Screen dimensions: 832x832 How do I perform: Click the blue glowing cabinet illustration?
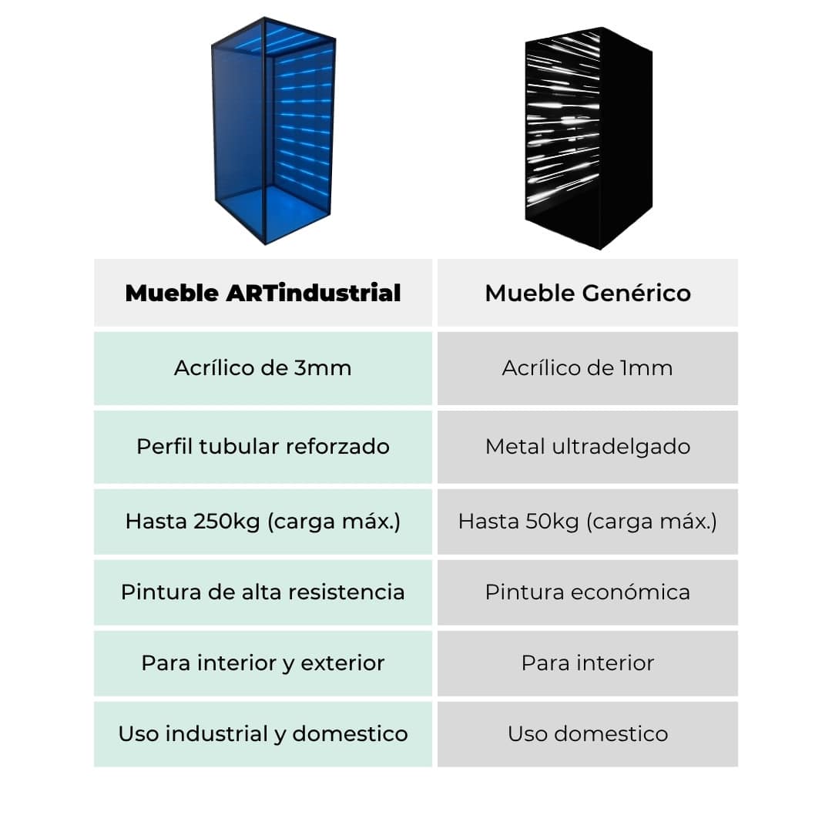[x=273, y=130]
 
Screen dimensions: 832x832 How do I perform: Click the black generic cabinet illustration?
[x=589, y=138]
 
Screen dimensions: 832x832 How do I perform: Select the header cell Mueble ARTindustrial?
[x=263, y=293]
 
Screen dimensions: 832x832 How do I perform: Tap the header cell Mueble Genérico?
[x=588, y=293]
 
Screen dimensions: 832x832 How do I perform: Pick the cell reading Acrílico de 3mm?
[x=263, y=368]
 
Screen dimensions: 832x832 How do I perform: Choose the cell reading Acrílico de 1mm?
[x=588, y=368]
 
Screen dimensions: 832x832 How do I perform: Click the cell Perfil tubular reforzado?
[x=263, y=447]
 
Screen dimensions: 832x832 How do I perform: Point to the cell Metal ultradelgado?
[x=588, y=447]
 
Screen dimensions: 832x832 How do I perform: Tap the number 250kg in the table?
[x=226, y=522]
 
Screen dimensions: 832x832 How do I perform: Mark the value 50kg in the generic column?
[x=552, y=522]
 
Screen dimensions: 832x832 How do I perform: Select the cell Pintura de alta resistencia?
[x=263, y=592]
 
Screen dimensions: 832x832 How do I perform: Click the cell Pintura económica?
[x=588, y=592]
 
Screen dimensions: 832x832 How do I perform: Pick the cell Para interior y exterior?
[x=263, y=663]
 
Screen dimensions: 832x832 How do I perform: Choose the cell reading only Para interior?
[x=588, y=663]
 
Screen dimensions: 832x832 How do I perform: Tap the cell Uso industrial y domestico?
[x=263, y=734]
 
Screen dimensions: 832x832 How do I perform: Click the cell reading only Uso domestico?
[x=588, y=734]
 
